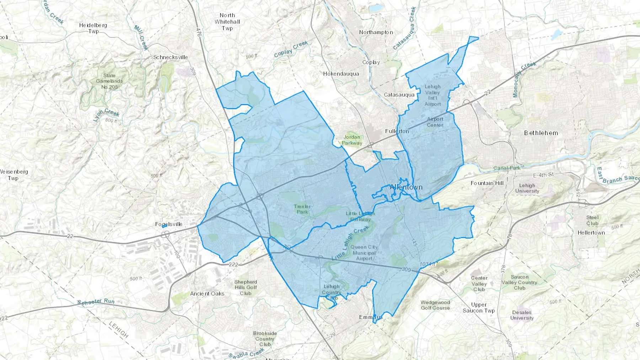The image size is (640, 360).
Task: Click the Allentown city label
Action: [x=406, y=187]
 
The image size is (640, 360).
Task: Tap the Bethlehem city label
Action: [x=541, y=133]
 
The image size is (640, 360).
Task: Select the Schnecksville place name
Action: [x=170, y=57]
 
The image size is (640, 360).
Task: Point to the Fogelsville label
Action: [x=169, y=224]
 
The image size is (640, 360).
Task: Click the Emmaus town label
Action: [x=370, y=317]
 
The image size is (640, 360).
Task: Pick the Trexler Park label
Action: [x=302, y=209]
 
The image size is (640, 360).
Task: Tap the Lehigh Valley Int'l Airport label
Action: [x=432, y=95]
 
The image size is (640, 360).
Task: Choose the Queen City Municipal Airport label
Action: [x=364, y=253]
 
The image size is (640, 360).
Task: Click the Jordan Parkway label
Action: [x=352, y=140]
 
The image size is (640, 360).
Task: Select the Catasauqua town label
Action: [x=399, y=95]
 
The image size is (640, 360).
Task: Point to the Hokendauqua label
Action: [x=341, y=74]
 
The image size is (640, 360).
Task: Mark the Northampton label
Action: [x=376, y=32]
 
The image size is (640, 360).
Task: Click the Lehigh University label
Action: [x=527, y=188]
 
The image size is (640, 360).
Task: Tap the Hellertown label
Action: [x=591, y=233]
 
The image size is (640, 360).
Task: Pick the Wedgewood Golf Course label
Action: [x=435, y=305]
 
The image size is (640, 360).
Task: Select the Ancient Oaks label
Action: [x=207, y=294]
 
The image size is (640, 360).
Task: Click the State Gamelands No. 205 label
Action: [x=109, y=81]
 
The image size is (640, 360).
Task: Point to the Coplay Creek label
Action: [x=291, y=49]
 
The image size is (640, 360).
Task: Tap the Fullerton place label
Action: [x=397, y=131]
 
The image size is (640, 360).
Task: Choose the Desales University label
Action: [x=522, y=315]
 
